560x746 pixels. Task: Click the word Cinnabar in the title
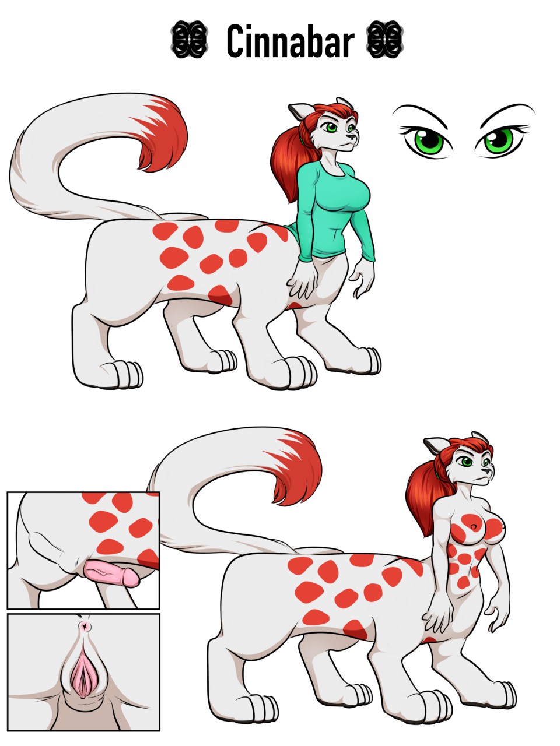[290, 41]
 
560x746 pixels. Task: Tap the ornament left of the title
[189, 40]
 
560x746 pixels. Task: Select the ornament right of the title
[385, 40]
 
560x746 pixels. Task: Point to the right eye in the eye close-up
[500, 140]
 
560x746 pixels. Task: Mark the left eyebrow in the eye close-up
[420, 114]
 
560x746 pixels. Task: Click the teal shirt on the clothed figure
[333, 211]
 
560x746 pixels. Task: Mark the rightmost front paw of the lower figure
[504, 694]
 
